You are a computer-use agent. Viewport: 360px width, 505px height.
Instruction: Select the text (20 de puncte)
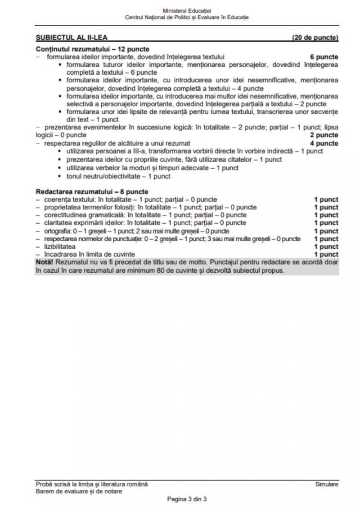click(315, 37)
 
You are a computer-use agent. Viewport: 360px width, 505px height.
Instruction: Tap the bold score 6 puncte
click(324, 57)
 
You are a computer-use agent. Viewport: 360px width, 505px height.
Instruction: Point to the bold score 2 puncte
click(324, 135)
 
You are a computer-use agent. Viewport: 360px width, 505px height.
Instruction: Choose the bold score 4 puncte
click(324, 144)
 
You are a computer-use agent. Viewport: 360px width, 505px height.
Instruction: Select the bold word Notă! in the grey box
click(44, 263)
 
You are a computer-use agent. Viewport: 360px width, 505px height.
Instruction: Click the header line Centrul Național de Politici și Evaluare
click(187, 17)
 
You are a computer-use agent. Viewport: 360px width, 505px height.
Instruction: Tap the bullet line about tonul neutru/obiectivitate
click(118, 176)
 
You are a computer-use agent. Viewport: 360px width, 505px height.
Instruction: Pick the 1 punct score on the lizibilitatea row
click(326, 247)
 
